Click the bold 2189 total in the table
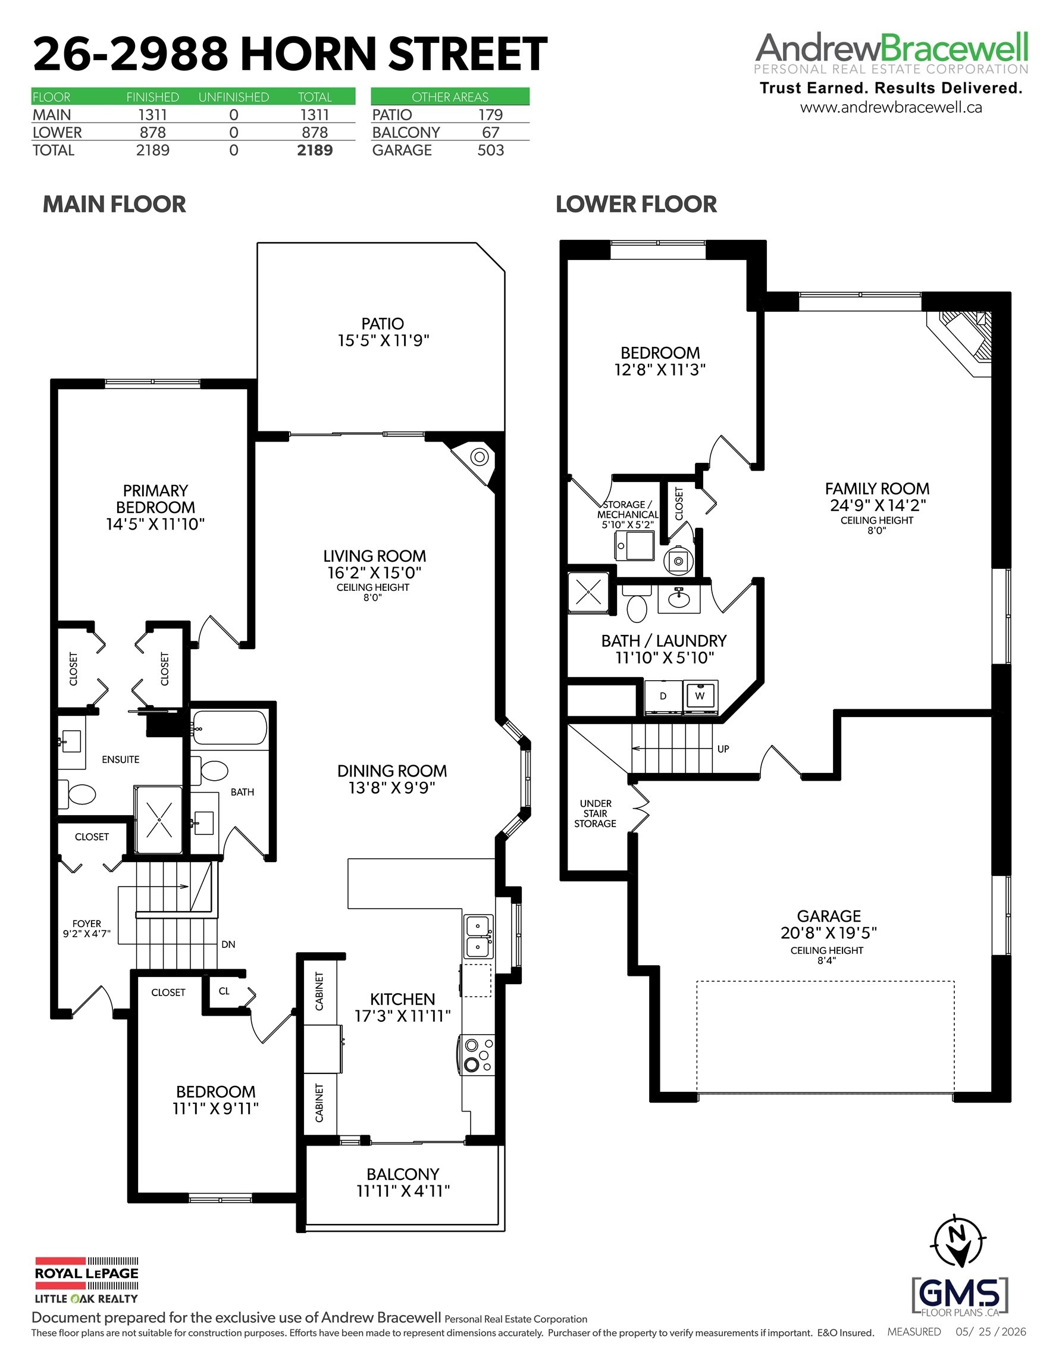coord(315,150)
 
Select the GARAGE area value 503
coord(490,150)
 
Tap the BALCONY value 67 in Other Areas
coord(490,133)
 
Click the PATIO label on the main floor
coord(383,323)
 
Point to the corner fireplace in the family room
coord(960,343)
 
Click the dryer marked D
coord(663,696)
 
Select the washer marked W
coord(700,696)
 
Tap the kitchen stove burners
coord(478,1054)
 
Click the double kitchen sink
coord(478,935)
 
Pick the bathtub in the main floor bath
coord(230,728)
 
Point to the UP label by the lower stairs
coord(723,749)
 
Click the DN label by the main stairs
coord(228,944)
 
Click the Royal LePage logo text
coord(87,1273)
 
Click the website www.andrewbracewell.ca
coord(891,107)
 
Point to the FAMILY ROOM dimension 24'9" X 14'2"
coord(878,505)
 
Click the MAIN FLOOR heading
coord(114,204)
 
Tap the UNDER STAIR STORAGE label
coord(595,813)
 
